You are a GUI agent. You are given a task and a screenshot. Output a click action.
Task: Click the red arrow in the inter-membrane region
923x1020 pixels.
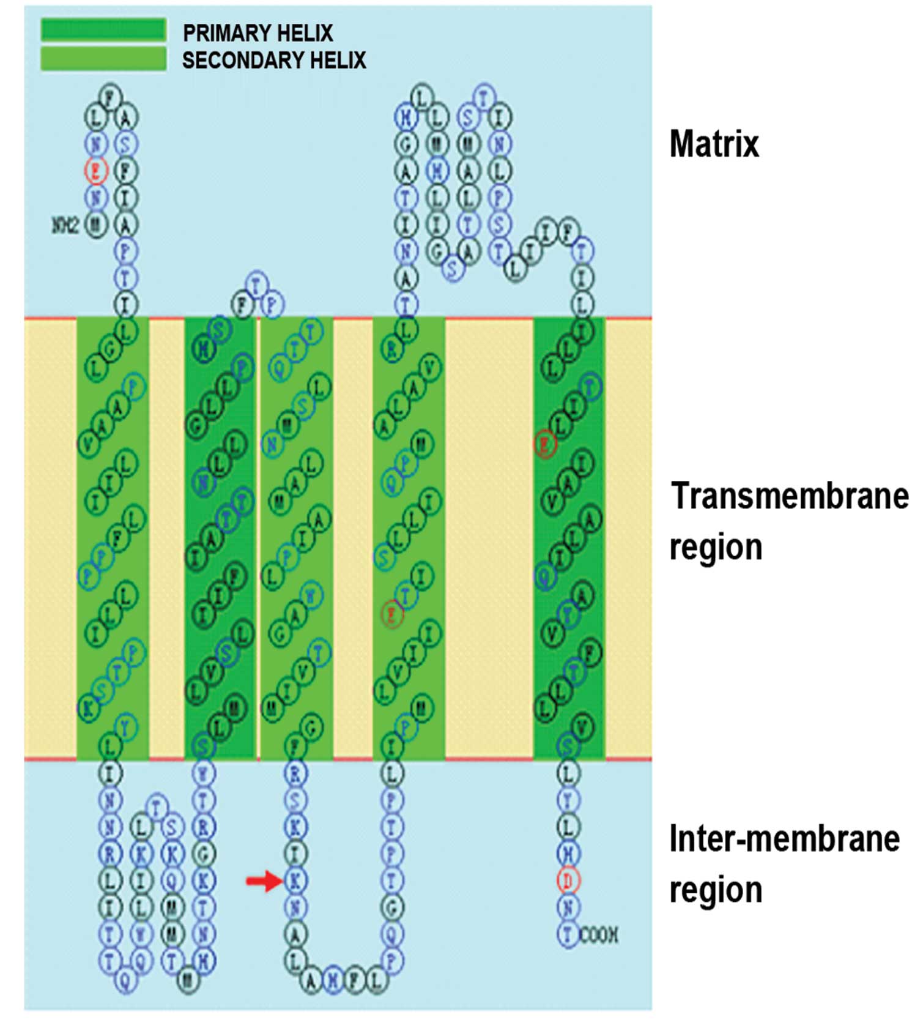(x=263, y=881)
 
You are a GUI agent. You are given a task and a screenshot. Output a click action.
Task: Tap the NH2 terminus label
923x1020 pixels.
(x=65, y=226)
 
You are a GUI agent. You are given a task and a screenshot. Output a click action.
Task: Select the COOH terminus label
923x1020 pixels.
(x=599, y=935)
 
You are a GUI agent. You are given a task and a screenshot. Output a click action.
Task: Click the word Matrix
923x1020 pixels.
(x=714, y=144)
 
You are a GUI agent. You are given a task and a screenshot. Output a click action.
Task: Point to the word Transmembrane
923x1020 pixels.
(x=790, y=496)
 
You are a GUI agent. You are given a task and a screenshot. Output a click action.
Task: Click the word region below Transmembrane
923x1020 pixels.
(x=716, y=547)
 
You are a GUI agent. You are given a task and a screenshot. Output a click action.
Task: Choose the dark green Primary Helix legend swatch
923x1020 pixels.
(x=103, y=30)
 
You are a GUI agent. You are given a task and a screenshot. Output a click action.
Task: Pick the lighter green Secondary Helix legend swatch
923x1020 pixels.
(x=103, y=59)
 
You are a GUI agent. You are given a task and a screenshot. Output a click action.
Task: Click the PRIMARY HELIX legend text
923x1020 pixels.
(x=258, y=32)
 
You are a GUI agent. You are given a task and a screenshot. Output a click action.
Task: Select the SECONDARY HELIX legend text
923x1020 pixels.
(x=273, y=60)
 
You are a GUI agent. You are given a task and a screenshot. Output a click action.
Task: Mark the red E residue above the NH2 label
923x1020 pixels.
(x=96, y=170)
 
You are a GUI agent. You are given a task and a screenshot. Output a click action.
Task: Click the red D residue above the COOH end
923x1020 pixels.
(x=568, y=880)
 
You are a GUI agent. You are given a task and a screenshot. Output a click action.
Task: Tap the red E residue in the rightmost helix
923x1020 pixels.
(x=545, y=444)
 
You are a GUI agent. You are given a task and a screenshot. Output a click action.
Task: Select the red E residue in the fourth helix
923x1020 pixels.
(x=392, y=613)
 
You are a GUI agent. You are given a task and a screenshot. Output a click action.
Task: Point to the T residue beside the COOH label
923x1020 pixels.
(x=568, y=935)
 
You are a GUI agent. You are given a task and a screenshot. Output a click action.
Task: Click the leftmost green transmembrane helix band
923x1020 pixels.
(x=113, y=538)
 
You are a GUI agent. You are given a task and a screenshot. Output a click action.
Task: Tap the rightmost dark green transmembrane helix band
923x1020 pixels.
(x=569, y=538)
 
